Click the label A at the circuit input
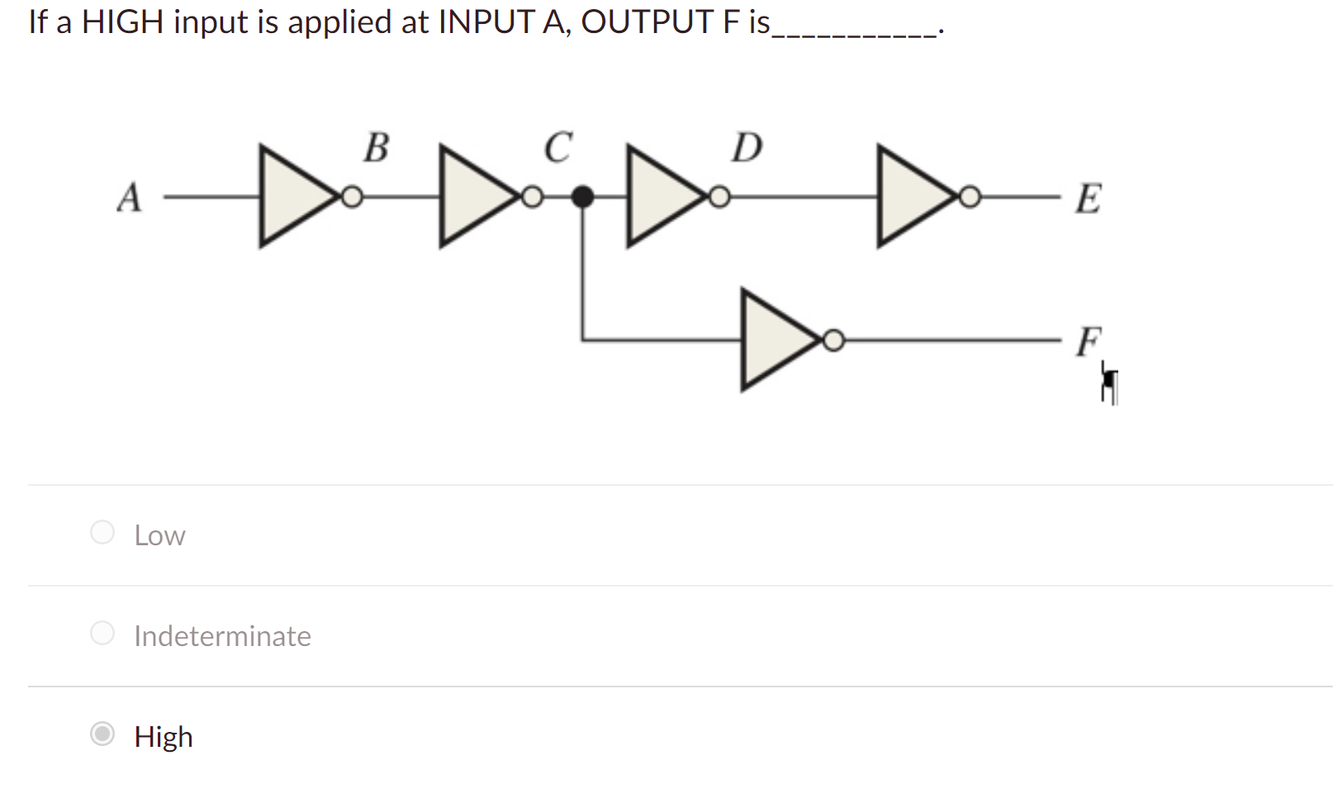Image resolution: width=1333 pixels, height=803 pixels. click(130, 198)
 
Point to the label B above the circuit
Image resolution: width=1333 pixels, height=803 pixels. click(376, 148)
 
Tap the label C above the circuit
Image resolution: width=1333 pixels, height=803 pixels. click(558, 148)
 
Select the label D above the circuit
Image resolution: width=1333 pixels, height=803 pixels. click(747, 148)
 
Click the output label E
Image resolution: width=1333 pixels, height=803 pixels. click(1088, 199)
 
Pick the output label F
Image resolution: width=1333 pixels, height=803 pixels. click(1089, 340)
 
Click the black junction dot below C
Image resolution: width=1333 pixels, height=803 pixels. click(583, 197)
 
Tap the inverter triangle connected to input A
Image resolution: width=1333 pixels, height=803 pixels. click(292, 197)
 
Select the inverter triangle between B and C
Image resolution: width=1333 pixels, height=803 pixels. click(472, 197)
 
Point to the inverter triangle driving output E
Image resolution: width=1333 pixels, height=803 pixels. click(910, 197)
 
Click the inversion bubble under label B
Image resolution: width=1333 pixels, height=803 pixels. click(353, 197)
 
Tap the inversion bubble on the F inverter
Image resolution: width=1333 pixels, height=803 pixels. click(834, 340)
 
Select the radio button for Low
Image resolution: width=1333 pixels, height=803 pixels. click(102, 532)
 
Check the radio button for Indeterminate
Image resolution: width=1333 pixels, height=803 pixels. click(102, 633)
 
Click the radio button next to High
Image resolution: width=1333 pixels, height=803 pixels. click(102, 734)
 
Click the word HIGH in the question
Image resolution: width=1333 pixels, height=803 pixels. click(122, 21)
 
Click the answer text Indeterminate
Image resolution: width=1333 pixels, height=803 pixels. click(222, 636)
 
